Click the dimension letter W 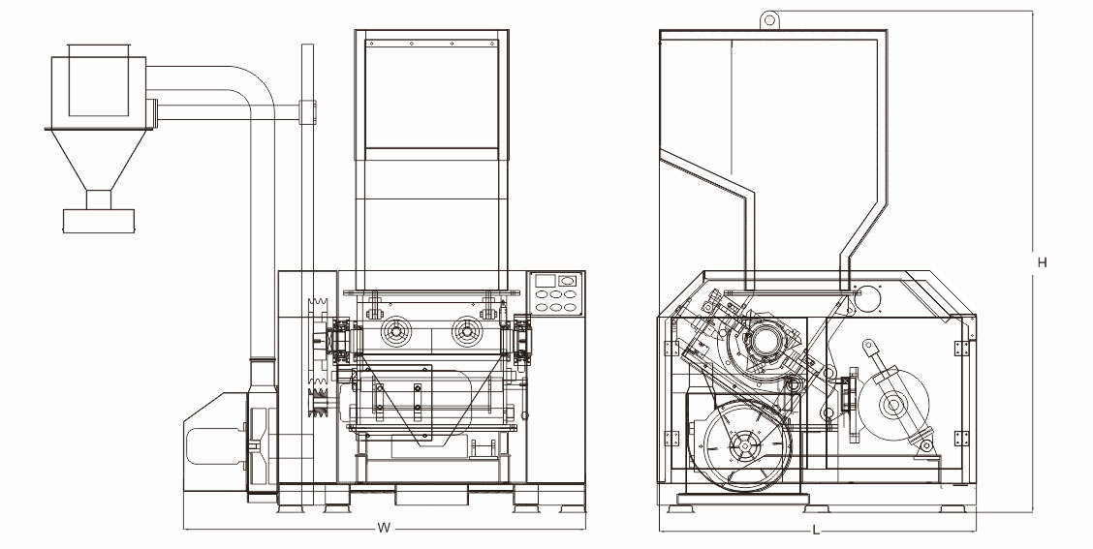[384, 529]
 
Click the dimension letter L [816, 530]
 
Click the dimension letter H [1041, 262]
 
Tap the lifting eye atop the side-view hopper [769, 17]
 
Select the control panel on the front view [555, 293]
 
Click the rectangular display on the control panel [545, 281]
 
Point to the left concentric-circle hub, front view [395, 334]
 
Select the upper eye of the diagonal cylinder [868, 346]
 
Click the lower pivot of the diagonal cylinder [926, 446]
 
